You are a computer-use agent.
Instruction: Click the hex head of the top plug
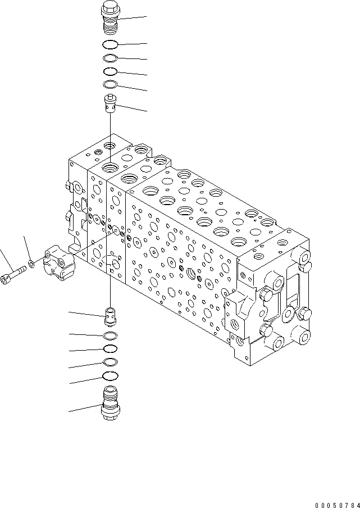tap(110, 10)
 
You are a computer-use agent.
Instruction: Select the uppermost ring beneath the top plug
tap(111, 44)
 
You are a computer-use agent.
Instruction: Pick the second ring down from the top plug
tap(111, 58)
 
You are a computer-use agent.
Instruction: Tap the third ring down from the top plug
tap(111, 71)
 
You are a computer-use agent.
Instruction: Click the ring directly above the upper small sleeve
tap(111, 84)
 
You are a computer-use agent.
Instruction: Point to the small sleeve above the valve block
tap(111, 103)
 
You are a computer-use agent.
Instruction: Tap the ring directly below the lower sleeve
tap(111, 335)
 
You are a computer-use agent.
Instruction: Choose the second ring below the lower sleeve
tap(111, 348)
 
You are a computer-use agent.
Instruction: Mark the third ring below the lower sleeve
tap(111, 362)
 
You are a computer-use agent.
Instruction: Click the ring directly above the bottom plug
tap(111, 375)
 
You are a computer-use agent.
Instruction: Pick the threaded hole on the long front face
tap(193, 274)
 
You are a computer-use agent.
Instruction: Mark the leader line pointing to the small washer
tap(26, 247)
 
